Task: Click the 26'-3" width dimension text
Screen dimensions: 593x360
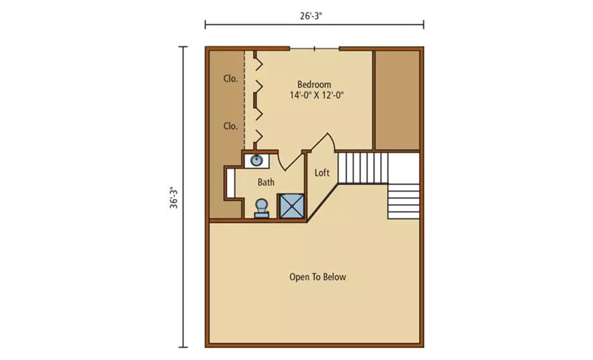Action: [311, 16]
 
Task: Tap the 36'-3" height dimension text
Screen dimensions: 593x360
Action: [174, 197]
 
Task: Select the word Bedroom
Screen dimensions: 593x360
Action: [314, 84]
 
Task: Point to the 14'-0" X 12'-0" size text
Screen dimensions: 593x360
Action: [317, 95]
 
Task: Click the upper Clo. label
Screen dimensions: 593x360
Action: [230, 79]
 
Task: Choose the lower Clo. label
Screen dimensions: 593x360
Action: [230, 126]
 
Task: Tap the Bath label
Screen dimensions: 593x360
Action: [266, 182]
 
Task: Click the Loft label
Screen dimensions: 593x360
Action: [322, 173]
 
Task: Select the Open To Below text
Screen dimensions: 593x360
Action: [318, 277]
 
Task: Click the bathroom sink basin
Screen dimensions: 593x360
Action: [256, 160]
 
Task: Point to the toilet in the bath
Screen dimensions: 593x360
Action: [262, 208]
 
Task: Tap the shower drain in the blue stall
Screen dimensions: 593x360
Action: [292, 206]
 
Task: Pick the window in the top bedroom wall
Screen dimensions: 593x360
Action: [314, 49]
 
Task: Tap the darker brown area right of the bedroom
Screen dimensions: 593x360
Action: [397, 100]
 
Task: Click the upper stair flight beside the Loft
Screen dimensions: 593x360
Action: [363, 168]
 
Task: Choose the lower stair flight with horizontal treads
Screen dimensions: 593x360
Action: [403, 202]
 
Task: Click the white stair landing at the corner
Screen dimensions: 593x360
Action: [403, 168]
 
